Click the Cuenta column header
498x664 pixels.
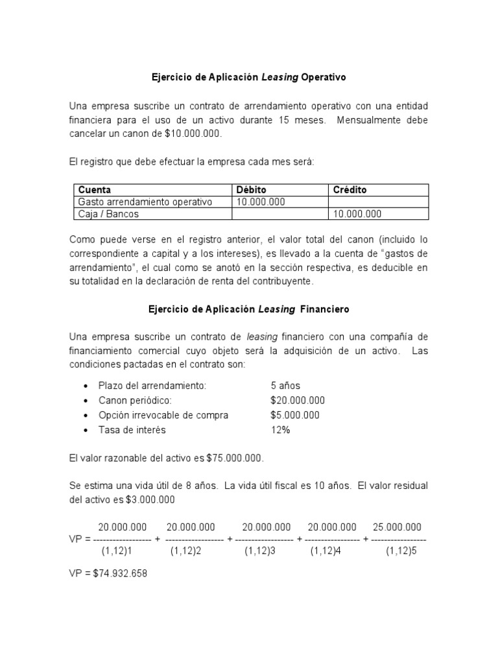point(95,190)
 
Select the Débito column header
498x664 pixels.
point(252,190)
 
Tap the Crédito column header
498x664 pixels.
point(350,190)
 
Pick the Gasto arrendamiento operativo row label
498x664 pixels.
point(145,202)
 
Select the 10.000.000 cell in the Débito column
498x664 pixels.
point(261,202)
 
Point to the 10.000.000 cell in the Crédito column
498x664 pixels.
point(357,213)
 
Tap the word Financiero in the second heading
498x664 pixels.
point(326,309)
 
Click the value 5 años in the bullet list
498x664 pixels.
point(285,386)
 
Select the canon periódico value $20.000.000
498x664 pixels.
point(298,400)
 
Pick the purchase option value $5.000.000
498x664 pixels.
point(295,415)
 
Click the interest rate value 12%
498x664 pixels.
point(280,429)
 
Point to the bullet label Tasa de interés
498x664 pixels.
point(132,429)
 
